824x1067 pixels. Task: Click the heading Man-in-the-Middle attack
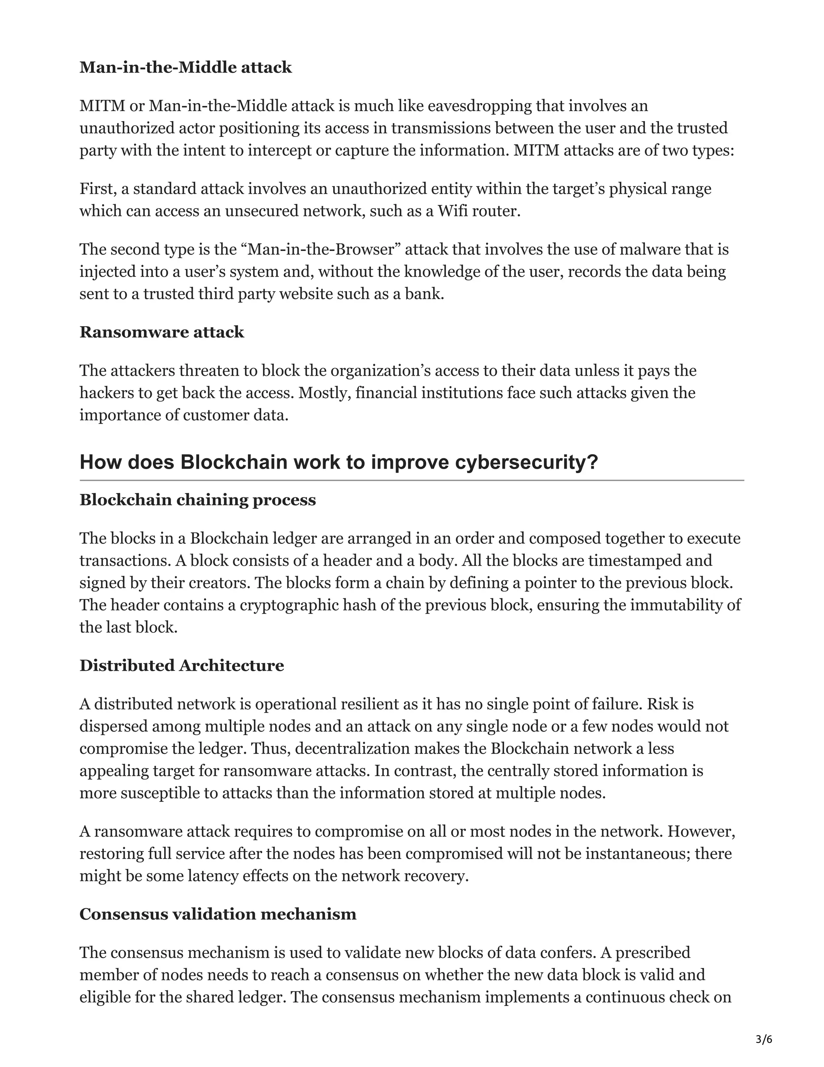[x=185, y=67]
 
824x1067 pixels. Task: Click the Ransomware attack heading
[x=162, y=332]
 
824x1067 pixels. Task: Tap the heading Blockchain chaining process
[x=198, y=500]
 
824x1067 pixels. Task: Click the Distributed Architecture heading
[x=181, y=666]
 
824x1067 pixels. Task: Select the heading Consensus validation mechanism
[x=218, y=914]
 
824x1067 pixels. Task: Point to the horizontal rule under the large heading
[x=412, y=481]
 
